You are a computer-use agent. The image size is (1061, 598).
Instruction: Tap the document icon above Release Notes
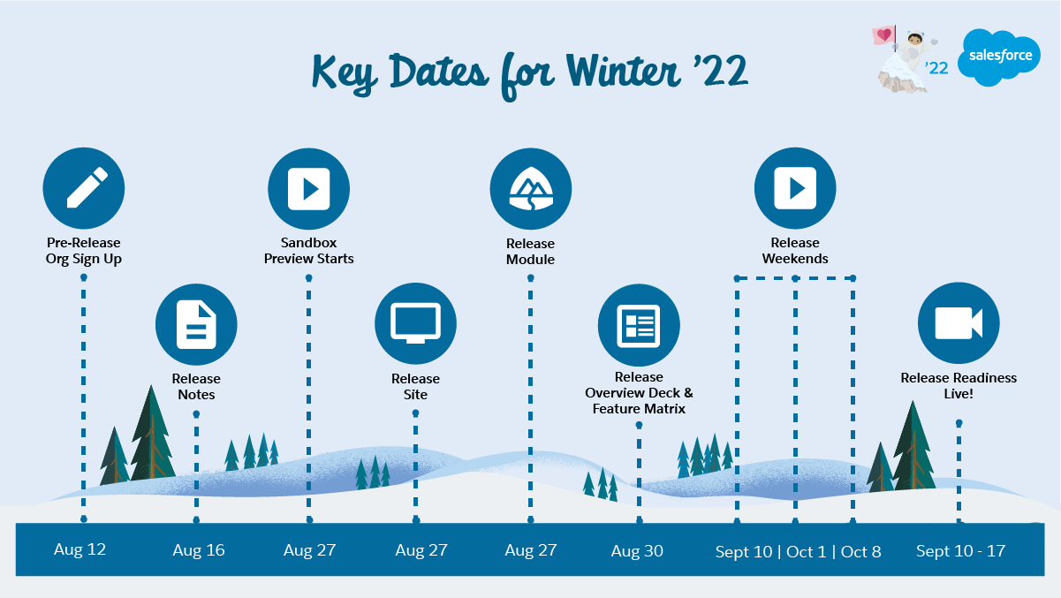click(196, 324)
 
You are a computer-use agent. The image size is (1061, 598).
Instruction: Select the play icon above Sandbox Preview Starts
click(309, 188)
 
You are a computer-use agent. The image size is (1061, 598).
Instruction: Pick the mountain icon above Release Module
click(530, 189)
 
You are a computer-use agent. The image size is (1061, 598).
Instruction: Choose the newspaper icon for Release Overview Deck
click(639, 325)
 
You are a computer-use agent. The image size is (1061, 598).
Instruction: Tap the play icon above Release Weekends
click(795, 188)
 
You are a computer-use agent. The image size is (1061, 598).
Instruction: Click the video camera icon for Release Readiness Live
click(959, 323)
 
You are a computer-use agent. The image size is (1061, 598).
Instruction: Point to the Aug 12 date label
click(80, 549)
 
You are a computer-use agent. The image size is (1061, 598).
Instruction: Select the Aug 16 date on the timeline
click(199, 550)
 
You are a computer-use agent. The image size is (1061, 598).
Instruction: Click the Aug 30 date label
click(637, 551)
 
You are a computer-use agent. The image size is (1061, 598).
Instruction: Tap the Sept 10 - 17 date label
click(960, 551)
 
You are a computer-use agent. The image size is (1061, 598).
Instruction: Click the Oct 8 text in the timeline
click(861, 552)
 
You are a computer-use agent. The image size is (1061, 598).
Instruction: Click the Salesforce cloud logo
click(999, 57)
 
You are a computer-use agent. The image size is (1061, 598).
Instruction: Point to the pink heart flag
click(883, 35)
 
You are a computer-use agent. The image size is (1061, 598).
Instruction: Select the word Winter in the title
click(623, 71)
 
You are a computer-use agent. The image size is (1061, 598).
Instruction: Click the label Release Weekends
click(795, 251)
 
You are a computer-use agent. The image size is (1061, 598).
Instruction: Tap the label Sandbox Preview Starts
click(309, 251)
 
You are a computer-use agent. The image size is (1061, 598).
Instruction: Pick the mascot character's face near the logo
click(914, 40)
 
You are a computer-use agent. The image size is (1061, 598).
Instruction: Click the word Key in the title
click(345, 73)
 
